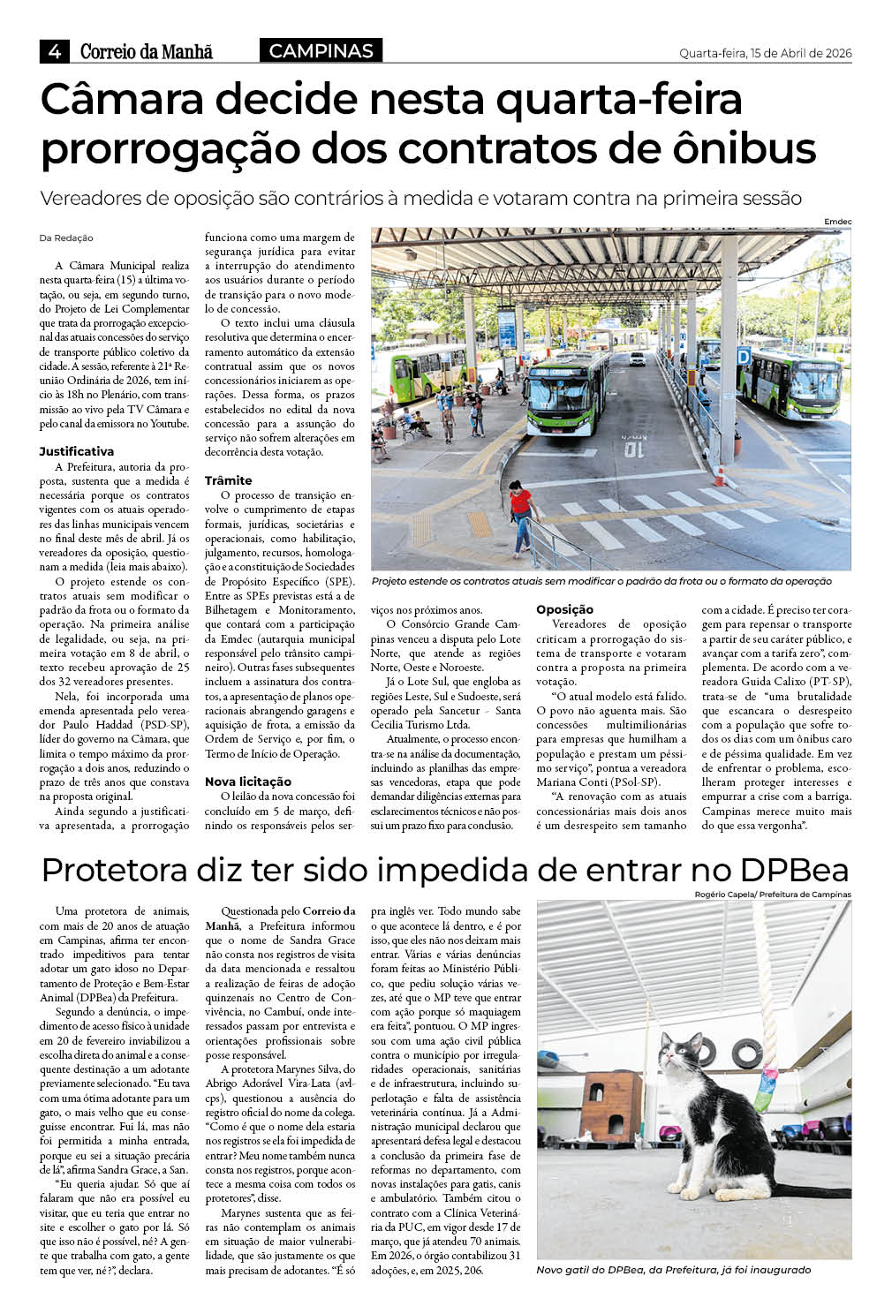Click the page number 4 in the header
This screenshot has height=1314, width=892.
click(x=54, y=52)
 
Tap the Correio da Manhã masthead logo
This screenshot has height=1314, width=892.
click(x=147, y=52)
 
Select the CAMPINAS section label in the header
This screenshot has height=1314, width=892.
click(x=321, y=51)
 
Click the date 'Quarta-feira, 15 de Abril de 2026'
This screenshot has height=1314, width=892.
click(x=765, y=53)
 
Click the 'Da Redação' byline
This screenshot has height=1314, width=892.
click(x=66, y=238)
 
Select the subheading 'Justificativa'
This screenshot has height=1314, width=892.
click(x=77, y=451)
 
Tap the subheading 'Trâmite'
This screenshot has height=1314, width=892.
click(x=228, y=480)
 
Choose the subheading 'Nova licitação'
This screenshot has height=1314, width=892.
click(x=247, y=782)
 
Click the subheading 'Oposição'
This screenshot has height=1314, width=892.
click(x=564, y=609)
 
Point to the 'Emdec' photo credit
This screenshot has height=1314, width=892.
click(x=837, y=221)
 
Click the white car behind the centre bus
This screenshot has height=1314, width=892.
click(x=637, y=359)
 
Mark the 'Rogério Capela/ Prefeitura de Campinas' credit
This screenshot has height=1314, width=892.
click(x=773, y=895)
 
